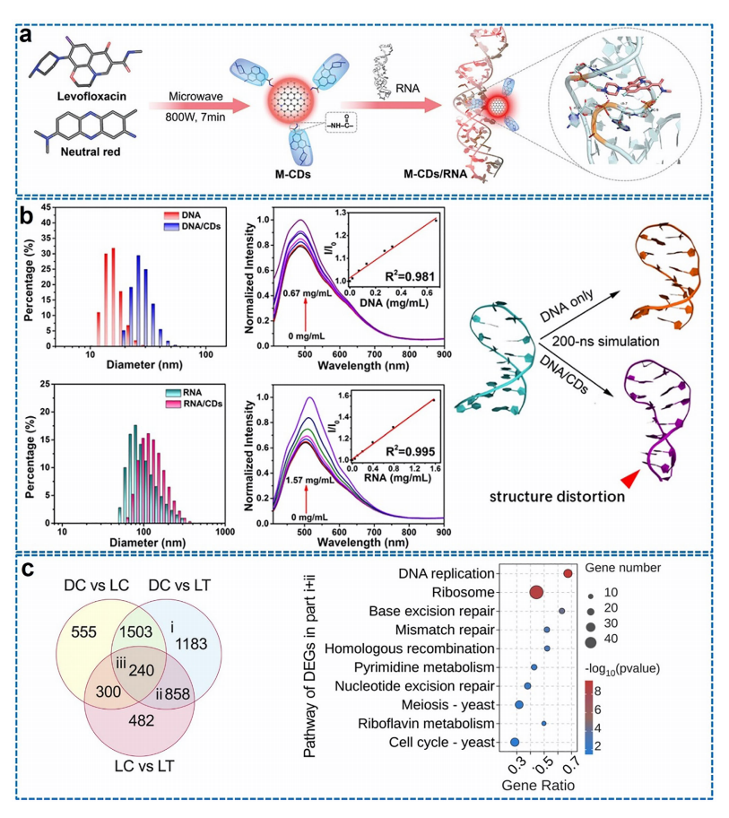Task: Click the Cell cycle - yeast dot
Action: pos(515,742)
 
